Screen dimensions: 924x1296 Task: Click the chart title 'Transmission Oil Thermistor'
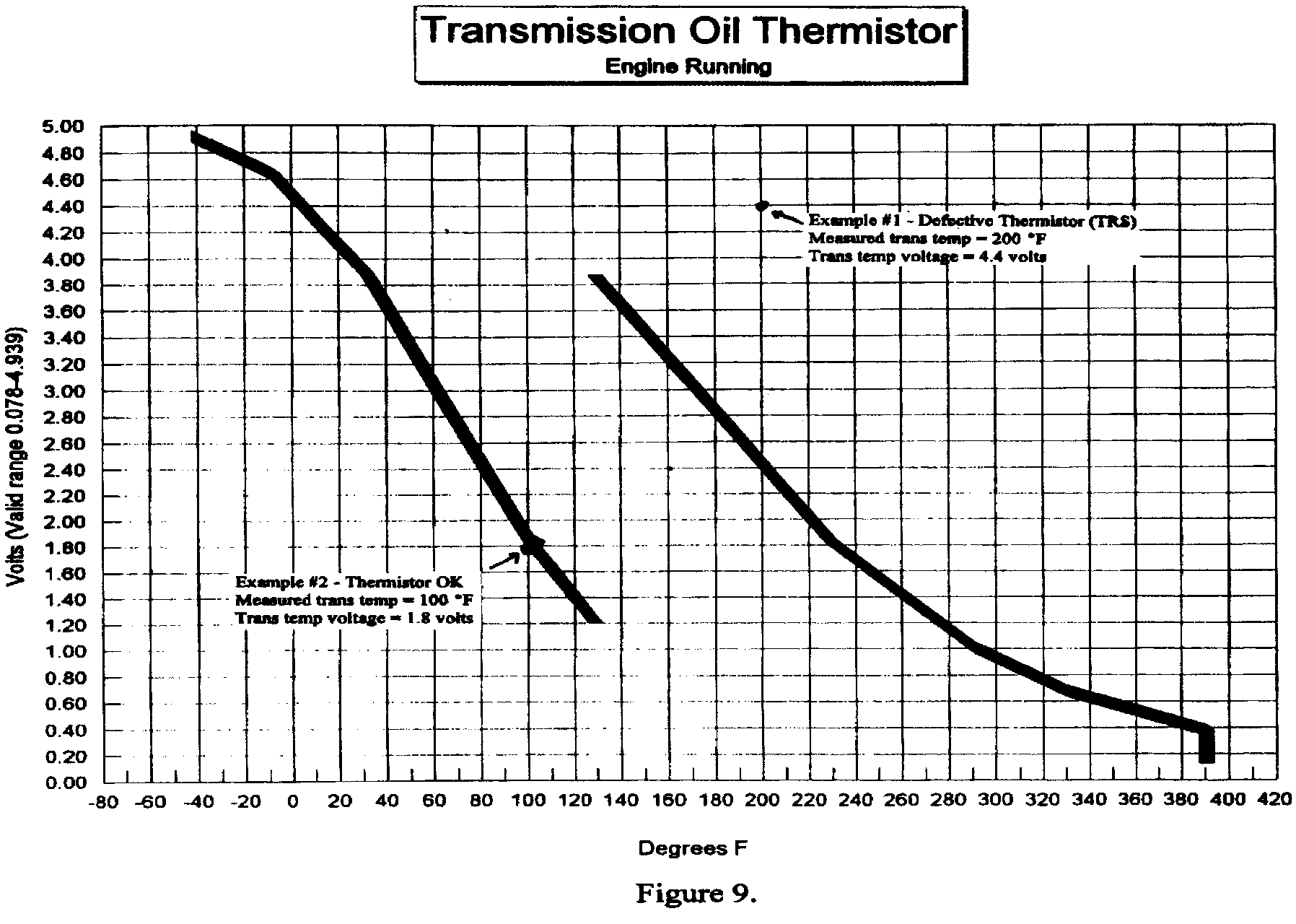689,32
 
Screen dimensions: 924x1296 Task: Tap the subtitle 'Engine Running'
688,67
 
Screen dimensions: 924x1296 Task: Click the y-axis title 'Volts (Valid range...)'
16,458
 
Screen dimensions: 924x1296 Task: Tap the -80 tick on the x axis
103,801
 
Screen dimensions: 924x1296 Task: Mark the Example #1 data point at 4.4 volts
762,206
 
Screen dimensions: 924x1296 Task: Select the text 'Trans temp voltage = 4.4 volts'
927,256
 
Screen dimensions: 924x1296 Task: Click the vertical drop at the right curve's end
1207,745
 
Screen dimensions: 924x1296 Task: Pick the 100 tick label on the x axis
528,801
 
